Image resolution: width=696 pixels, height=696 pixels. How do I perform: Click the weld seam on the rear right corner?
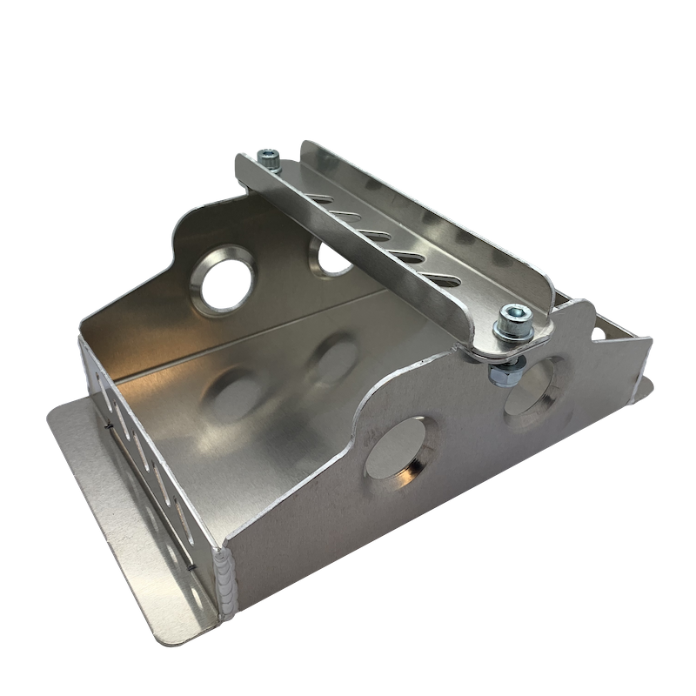point(646,373)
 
